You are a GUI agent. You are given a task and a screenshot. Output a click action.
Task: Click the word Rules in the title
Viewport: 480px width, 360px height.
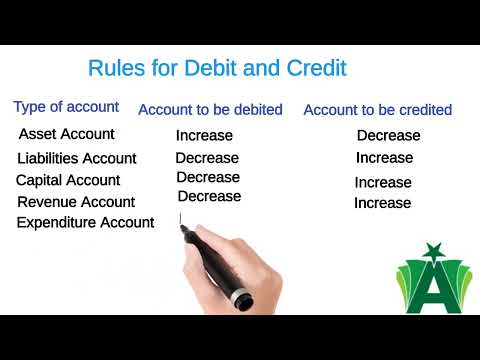click(x=115, y=69)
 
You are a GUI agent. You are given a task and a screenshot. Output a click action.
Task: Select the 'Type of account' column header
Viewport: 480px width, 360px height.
click(x=66, y=107)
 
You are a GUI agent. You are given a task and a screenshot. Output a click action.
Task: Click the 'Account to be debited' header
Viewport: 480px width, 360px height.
click(x=210, y=109)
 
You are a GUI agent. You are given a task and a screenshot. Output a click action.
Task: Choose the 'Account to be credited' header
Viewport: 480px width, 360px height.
click(x=377, y=109)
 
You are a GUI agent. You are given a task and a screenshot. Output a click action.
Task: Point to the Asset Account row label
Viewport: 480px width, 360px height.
click(x=66, y=134)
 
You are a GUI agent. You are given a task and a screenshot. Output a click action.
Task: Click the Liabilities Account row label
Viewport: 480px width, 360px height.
click(x=77, y=158)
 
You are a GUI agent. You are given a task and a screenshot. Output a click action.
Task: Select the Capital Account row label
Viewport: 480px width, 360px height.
click(x=68, y=180)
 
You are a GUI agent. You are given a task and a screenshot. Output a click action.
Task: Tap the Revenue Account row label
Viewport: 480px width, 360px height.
click(x=76, y=202)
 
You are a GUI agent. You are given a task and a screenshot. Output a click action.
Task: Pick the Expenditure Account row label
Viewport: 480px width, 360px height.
click(x=85, y=223)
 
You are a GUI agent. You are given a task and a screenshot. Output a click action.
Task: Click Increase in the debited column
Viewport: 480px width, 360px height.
click(x=204, y=135)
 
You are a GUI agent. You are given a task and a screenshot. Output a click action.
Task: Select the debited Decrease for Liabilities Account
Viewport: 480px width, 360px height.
click(x=207, y=157)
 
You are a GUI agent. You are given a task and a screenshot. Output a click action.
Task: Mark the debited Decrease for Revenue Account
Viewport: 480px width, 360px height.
click(x=209, y=196)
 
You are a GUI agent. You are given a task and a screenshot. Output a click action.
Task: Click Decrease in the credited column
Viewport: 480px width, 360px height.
click(x=388, y=135)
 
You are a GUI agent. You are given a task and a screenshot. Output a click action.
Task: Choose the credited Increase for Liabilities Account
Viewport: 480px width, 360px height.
click(x=384, y=158)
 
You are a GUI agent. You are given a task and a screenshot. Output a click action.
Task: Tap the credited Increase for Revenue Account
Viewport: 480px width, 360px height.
click(x=382, y=203)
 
